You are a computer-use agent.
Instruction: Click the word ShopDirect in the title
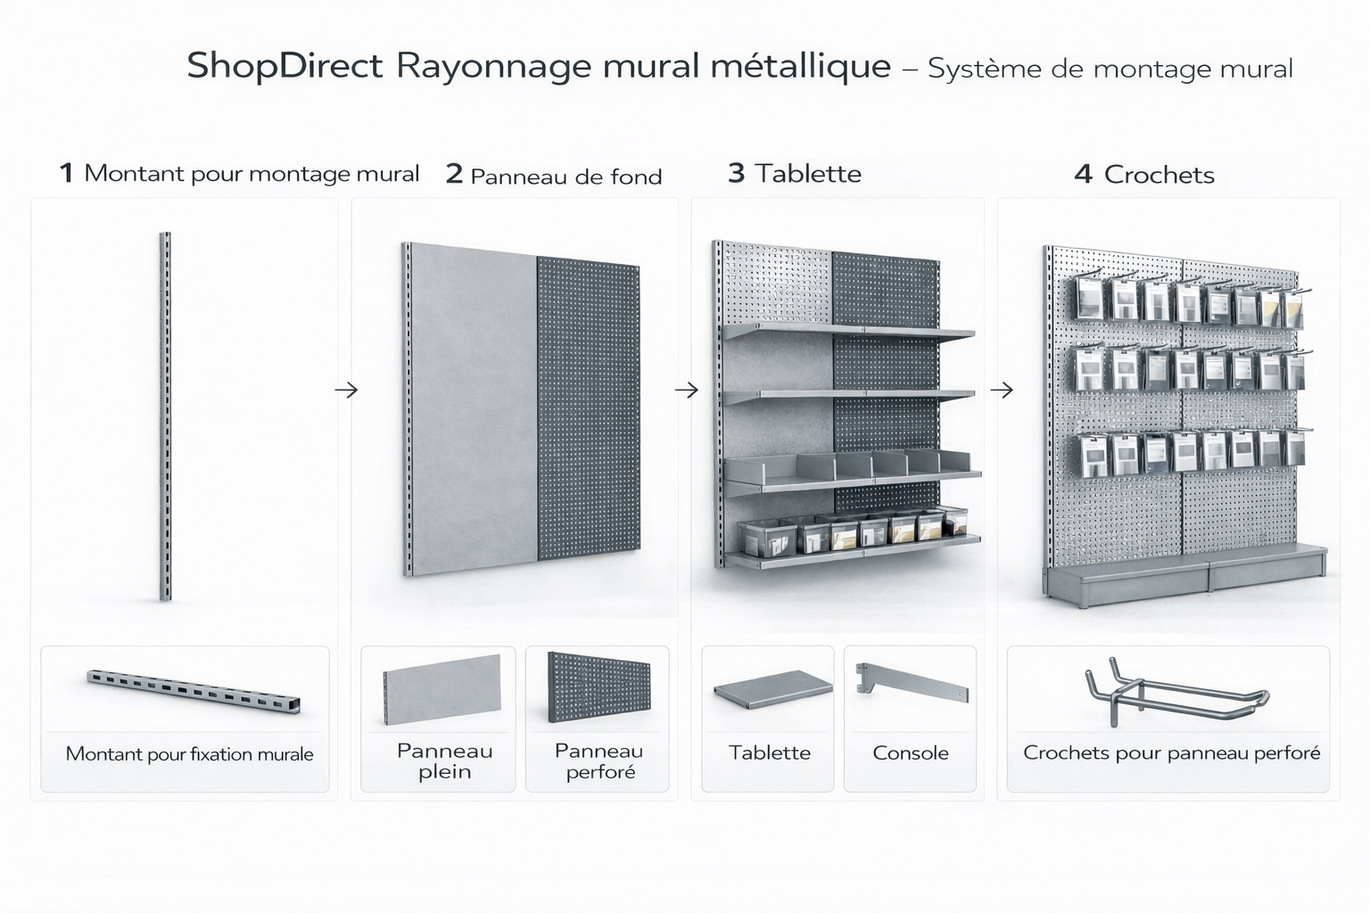tap(285, 67)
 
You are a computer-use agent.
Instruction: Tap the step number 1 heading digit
tap(66, 173)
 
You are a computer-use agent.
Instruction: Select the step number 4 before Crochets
tap(1083, 175)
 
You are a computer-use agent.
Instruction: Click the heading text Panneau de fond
tap(565, 177)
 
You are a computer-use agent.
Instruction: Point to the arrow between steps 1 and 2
tap(346, 390)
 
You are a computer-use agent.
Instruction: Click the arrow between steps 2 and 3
tap(687, 390)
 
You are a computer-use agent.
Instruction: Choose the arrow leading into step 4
tap(1002, 390)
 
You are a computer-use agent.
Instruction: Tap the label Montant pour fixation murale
tap(189, 754)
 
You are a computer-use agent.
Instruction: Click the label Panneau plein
tap(444, 761)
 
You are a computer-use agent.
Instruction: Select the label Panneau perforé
tap(599, 761)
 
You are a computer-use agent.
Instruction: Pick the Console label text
tap(910, 753)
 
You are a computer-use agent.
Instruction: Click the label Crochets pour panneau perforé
tap(1171, 753)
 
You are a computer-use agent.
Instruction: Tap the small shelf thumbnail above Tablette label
tap(772, 688)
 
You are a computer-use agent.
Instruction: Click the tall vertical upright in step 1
tap(165, 416)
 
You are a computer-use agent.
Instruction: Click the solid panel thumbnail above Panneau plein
tap(442, 689)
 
